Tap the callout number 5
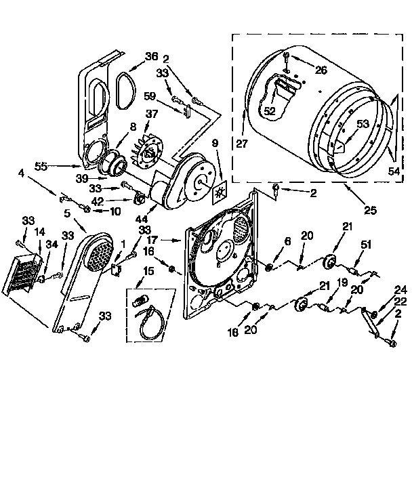click(68, 213)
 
